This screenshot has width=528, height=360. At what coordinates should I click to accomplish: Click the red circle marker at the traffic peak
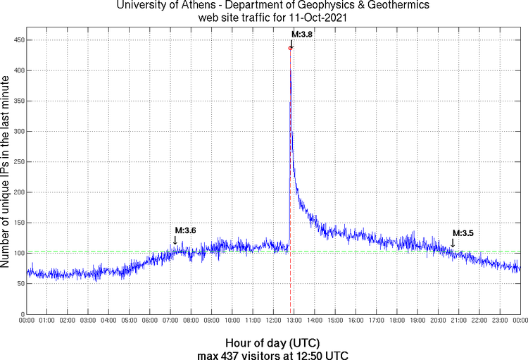tap(290, 48)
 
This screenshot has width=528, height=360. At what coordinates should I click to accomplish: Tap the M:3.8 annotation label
tap(302, 34)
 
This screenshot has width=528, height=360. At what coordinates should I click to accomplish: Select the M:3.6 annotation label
tap(185, 230)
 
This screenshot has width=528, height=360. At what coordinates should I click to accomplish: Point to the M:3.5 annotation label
tap(463, 233)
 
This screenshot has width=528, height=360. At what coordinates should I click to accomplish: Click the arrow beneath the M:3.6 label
tap(175, 240)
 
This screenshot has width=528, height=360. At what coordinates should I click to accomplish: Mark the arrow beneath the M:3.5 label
tap(453, 243)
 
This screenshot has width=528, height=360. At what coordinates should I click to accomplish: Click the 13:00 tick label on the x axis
tap(294, 320)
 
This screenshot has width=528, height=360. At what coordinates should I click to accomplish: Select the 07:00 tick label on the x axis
tap(170, 320)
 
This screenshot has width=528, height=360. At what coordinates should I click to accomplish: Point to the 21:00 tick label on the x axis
tap(458, 320)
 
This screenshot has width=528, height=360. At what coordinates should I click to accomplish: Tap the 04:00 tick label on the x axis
tap(108, 320)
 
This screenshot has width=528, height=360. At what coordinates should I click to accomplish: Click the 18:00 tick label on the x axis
tap(396, 320)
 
